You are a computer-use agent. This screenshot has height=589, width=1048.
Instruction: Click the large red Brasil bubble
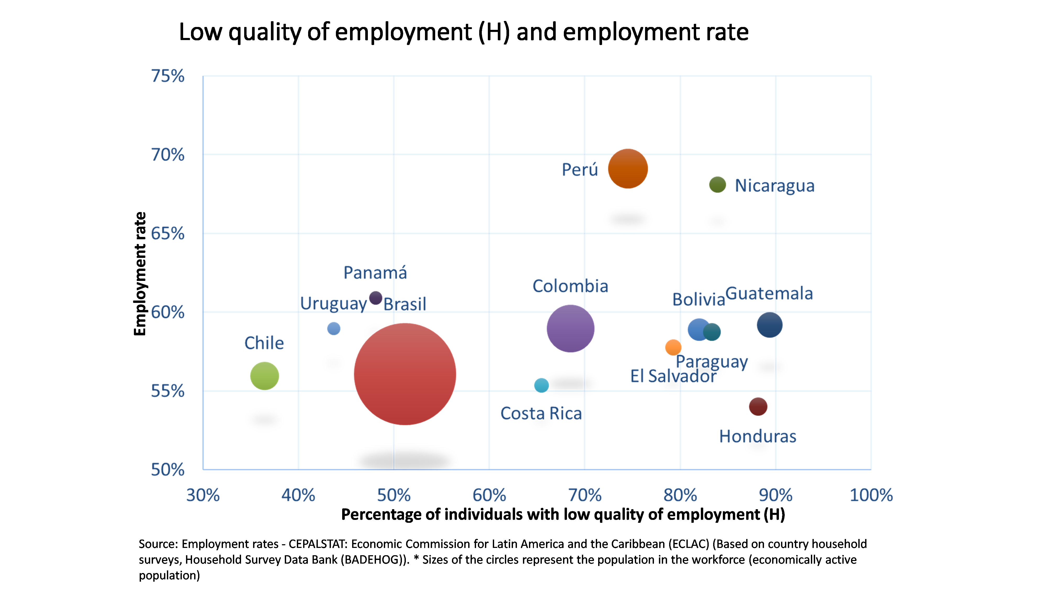(405, 374)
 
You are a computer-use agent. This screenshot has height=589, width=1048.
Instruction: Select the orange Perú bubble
(628, 169)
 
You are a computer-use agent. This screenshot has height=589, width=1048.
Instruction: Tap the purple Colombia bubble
(570, 329)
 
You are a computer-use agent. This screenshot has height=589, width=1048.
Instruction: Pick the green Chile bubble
(264, 376)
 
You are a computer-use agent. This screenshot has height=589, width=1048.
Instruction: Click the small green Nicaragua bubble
(717, 185)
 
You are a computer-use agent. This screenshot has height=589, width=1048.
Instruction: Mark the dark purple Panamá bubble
(375, 298)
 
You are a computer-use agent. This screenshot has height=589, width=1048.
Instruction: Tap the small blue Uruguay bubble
(334, 329)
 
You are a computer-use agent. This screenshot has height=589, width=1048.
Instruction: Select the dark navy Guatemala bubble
(769, 325)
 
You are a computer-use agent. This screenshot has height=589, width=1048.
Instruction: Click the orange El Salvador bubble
(673, 347)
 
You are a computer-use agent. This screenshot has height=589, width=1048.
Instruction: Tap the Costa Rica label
(541, 413)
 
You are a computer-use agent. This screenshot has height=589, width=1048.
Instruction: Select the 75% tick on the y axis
(168, 76)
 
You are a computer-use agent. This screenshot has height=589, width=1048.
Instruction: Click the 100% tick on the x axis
(871, 495)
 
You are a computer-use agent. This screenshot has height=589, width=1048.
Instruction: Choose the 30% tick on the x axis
(203, 495)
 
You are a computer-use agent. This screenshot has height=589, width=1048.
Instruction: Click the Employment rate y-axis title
(140, 274)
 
